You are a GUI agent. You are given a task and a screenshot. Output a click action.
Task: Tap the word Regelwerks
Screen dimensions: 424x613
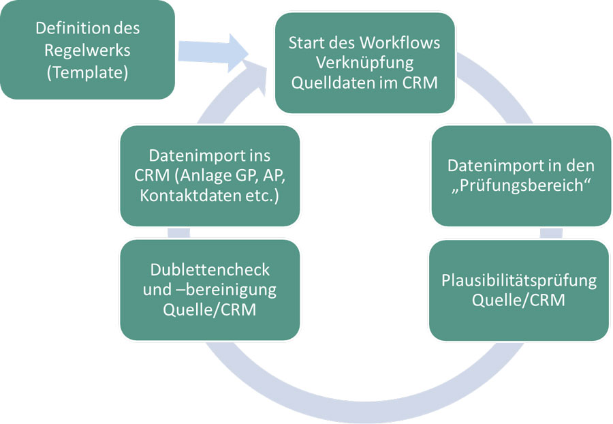click(87, 50)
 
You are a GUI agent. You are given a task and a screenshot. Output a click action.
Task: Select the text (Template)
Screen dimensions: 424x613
click(87, 72)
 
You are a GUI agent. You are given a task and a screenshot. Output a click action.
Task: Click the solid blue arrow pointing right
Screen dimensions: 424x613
click(212, 52)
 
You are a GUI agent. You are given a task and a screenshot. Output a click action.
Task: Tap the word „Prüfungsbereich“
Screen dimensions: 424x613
click(520, 187)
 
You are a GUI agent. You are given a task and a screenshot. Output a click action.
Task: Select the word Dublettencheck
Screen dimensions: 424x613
click(209, 269)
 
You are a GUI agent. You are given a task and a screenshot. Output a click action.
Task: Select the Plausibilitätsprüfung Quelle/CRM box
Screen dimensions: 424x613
click(519, 290)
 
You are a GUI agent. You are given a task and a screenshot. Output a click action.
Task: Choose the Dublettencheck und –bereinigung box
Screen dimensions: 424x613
click(210, 290)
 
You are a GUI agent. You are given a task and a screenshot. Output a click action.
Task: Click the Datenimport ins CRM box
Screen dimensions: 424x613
click(210, 176)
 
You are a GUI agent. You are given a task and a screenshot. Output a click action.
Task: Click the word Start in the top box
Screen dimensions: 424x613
click(306, 42)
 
